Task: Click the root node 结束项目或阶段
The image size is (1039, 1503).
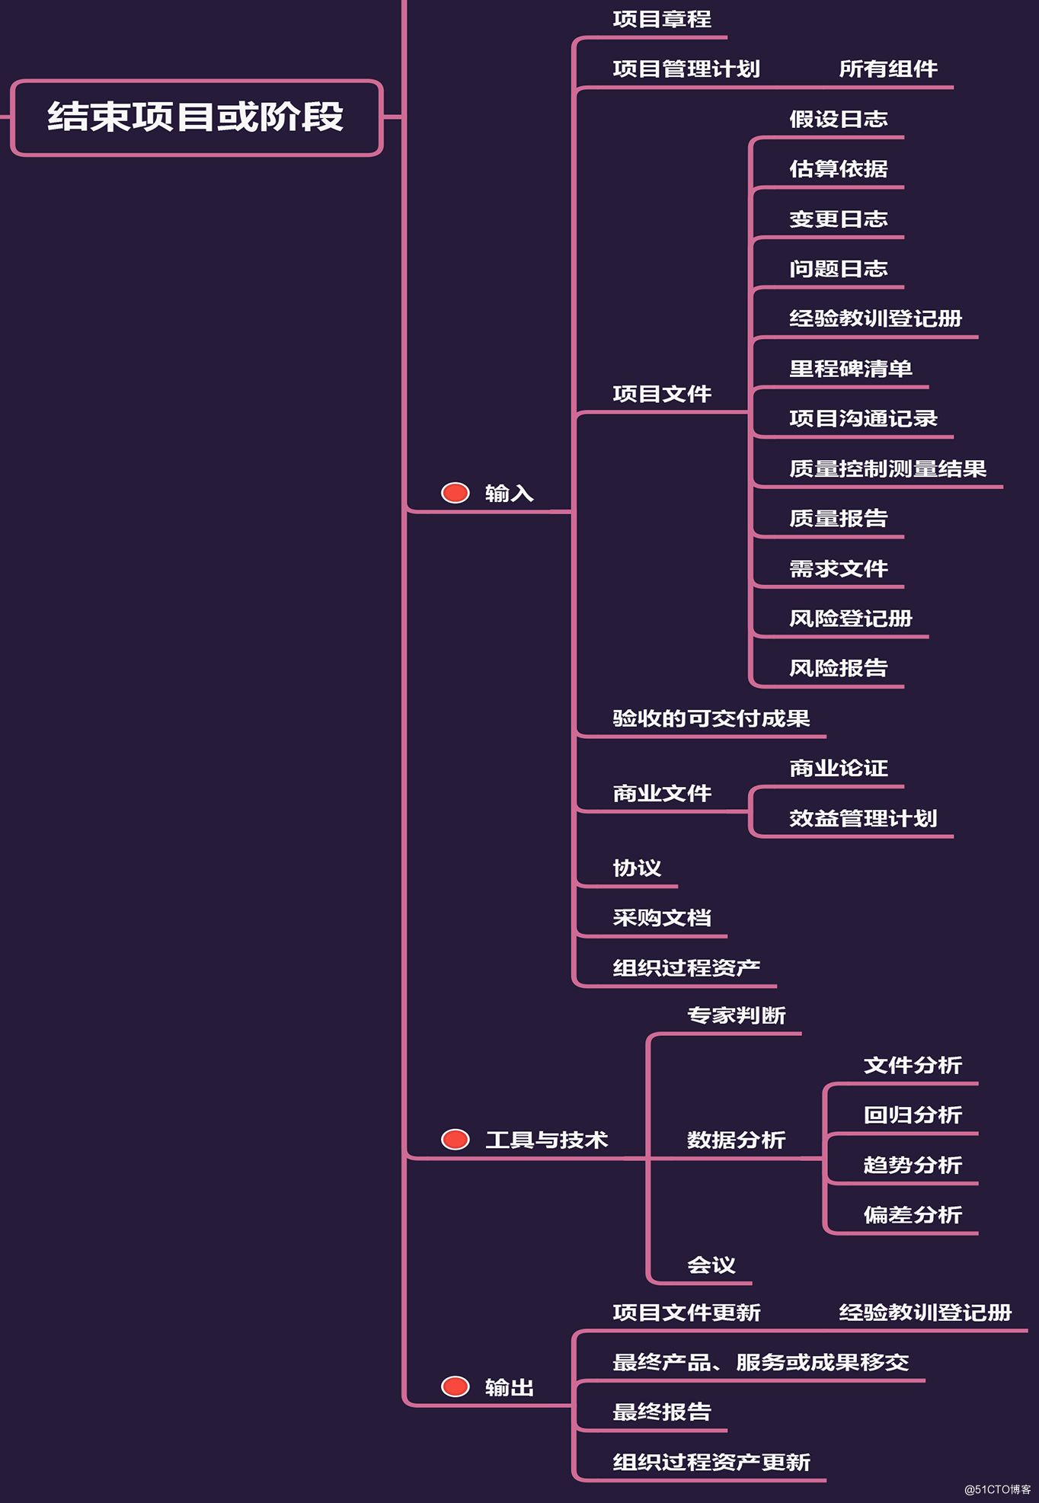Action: pyautogui.click(x=196, y=117)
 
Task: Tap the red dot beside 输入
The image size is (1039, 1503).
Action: pyautogui.click(x=456, y=493)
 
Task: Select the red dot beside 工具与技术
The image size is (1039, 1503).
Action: pyautogui.click(x=456, y=1140)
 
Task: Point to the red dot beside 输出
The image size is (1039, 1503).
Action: pyautogui.click(x=456, y=1386)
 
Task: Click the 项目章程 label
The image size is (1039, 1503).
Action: pyautogui.click(x=661, y=19)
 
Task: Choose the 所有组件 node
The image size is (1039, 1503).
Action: pyautogui.click(x=887, y=69)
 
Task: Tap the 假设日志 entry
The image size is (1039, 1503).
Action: pyautogui.click(x=838, y=120)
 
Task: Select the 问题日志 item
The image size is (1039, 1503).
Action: pyautogui.click(x=838, y=269)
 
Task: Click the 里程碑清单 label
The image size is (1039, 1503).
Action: pyautogui.click(x=850, y=369)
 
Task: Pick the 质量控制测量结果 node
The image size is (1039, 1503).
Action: pyautogui.click(x=887, y=468)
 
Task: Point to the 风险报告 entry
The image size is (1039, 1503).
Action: pyautogui.click(x=838, y=668)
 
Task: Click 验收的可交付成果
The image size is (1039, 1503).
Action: pyautogui.click(x=711, y=718)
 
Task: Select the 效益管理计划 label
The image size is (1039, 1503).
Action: pyautogui.click(x=862, y=818)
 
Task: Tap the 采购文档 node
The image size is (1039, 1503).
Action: pyautogui.click(x=661, y=918)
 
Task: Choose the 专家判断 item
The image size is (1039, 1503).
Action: pyautogui.click(x=736, y=1015)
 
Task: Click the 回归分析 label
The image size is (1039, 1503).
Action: pyautogui.click(x=913, y=1115)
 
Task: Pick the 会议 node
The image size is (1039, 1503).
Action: pyautogui.click(x=711, y=1265)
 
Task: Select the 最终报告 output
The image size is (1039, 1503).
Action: pyautogui.click(x=661, y=1412)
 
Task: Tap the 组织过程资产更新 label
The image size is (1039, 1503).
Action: pyautogui.click(x=711, y=1463)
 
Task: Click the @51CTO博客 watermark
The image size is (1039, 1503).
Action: pyautogui.click(x=997, y=1489)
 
